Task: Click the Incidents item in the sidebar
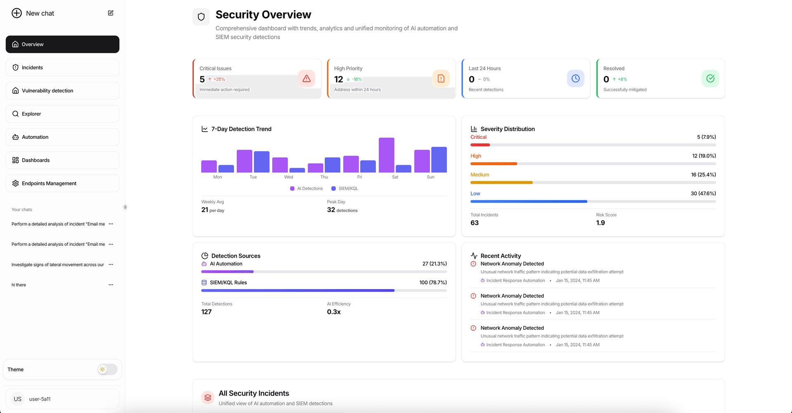(x=32, y=67)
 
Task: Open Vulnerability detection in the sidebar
(x=47, y=90)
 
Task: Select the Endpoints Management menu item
(x=49, y=183)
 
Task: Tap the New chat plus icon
(x=16, y=13)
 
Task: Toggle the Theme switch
(x=107, y=369)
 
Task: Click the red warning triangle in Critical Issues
(x=306, y=78)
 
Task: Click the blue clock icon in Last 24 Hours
(x=575, y=78)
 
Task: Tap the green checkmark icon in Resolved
(x=710, y=78)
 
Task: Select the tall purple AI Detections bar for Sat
(x=387, y=155)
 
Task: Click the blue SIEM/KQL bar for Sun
(x=439, y=160)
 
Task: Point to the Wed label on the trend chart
(x=288, y=177)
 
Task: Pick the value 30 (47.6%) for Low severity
(x=703, y=193)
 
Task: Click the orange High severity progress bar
(x=494, y=164)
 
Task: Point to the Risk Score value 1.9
(x=600, y=223)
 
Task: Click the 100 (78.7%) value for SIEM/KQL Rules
(x=433, y=282)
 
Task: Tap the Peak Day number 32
(x=331, y=210)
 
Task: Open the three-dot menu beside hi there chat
(x=111, y=285)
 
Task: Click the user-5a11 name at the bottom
(x=40, y=399)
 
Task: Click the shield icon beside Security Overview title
(x=201, y=17)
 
